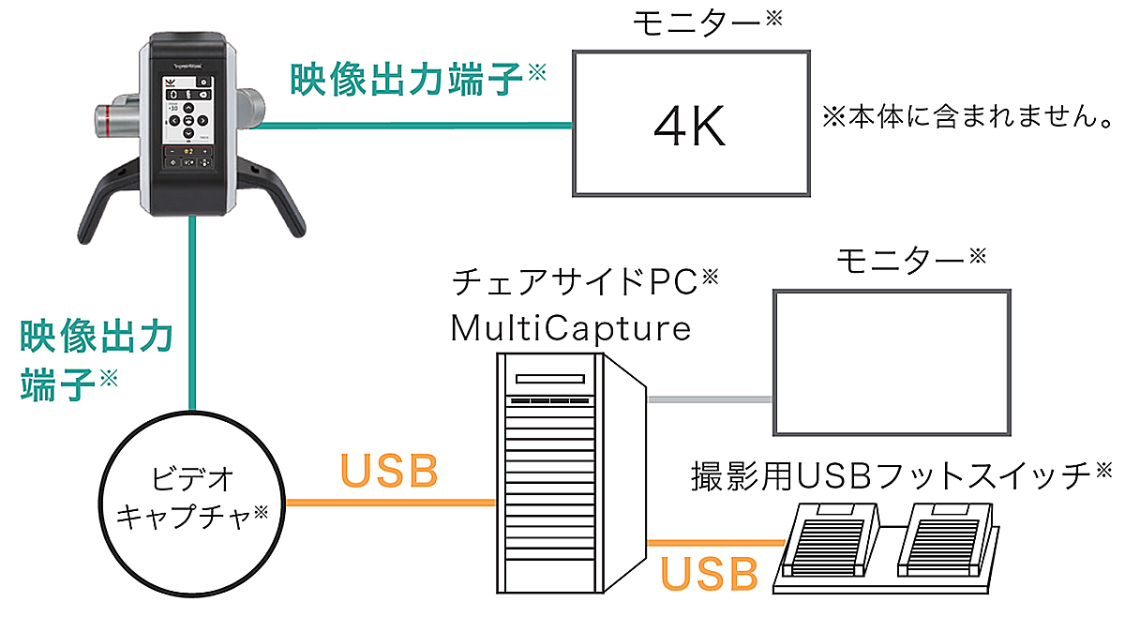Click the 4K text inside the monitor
tap(689, 128)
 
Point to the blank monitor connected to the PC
tap(892, 361)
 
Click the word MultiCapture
tap(570, 328)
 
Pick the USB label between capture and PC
tap(389, 472)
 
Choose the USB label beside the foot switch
tap(709, 574)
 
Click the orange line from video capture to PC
tap(389, 504)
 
